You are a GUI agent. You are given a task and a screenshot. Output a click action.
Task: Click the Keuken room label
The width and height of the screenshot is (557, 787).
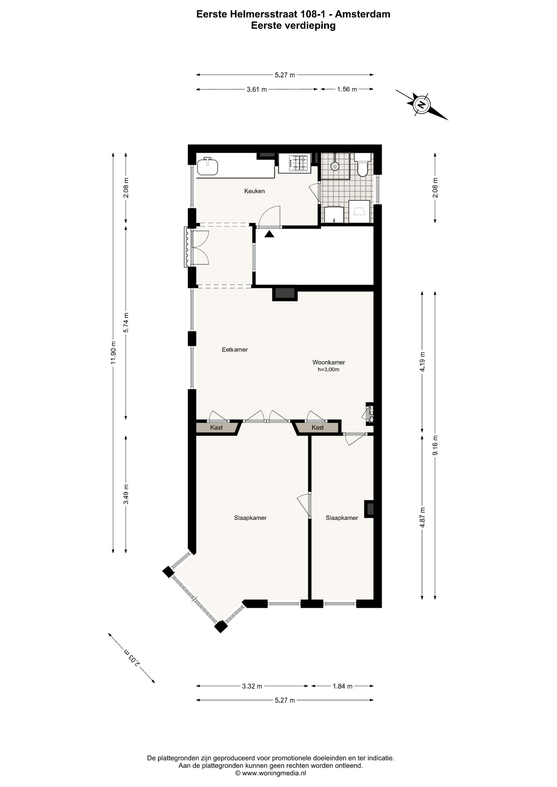(x=254, y=191)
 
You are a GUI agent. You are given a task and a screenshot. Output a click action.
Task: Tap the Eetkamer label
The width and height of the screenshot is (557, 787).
(x=235, y=350)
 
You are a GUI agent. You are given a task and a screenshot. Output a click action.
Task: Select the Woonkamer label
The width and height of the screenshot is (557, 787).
(x=329, y=362)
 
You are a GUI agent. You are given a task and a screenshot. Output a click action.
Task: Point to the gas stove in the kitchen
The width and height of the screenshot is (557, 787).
(x=298, y=163)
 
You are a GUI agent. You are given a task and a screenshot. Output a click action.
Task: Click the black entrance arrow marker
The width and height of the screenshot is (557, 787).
(x=269, y=234)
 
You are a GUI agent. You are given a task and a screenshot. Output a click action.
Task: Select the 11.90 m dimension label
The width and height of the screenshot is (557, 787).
(x=114, y=353)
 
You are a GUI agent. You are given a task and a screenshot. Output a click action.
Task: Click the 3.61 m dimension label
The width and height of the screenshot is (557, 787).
(x=257, y=89)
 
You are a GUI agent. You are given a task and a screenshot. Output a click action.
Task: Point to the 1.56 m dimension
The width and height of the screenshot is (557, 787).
(x=347, y=89)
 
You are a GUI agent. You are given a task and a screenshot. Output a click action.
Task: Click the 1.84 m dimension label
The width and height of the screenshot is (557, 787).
(x=342, y=686)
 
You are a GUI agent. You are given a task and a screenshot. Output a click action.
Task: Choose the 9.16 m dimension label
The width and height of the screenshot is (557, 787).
(x=436, y=445)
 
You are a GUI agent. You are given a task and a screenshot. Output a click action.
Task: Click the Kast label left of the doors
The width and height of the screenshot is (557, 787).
(x=217, y=428)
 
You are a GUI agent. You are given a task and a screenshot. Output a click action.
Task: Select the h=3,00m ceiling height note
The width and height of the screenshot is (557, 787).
(x=329, y=369)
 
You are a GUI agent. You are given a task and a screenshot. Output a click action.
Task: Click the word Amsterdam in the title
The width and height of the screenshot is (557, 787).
(x=363, y=14)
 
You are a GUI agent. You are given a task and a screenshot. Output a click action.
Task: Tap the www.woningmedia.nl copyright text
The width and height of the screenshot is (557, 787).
(x=271, y=773)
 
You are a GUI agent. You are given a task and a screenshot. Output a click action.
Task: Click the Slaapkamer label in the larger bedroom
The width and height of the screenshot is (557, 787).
(x=250, y=518)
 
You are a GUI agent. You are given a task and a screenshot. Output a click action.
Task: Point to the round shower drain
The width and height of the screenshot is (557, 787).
(x=335, y=166)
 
